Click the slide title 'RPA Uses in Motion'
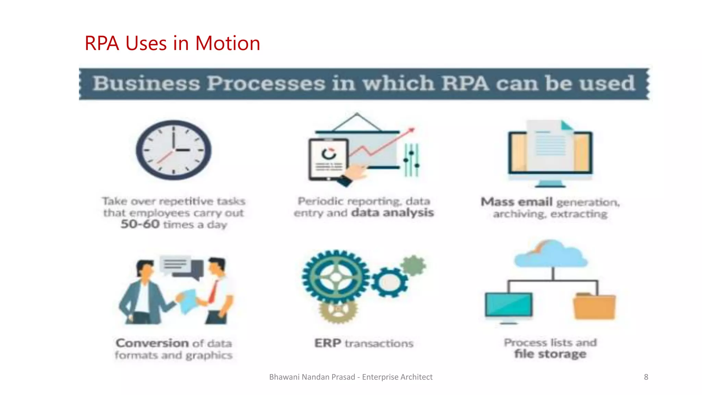(172, 44)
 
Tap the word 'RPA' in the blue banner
(465, 83)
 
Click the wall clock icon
(173, 150)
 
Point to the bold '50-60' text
(140, 224)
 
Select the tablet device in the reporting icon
(328, 159)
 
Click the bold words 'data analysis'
(393, 213)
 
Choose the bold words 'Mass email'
(517, 202)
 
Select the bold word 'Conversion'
(152, 343)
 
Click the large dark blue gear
(336, 277)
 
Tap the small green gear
(414, 265)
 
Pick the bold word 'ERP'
(328, 343)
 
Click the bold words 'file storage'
(550, 354)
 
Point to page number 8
(646, 377)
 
